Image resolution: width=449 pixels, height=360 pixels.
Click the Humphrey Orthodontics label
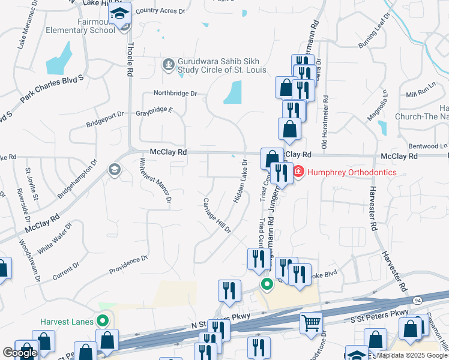click(351, 172)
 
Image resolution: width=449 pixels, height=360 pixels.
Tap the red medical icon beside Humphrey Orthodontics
click(298, 172)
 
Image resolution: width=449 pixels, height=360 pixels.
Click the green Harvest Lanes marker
click(104, 321)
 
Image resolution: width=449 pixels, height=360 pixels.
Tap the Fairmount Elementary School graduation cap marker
click(120, 14)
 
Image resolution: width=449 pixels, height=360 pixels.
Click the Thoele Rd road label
click(129, 61)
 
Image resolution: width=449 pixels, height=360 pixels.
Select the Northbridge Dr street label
click(175, 94)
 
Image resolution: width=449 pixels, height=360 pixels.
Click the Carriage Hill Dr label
click(217, 215)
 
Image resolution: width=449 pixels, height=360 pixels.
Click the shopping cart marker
click(311, 323)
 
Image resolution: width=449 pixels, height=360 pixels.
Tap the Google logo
click(20, 353)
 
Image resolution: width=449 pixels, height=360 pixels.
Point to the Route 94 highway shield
click(416, 299)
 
